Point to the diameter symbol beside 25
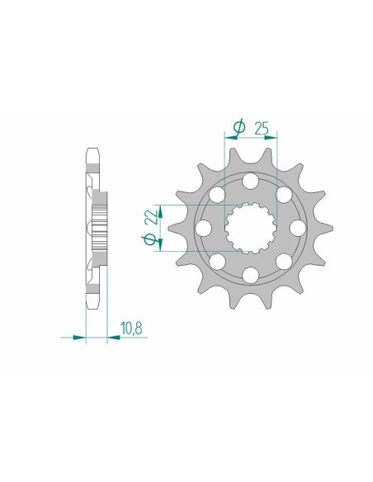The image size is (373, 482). pyautogui.click(x=239, y=127)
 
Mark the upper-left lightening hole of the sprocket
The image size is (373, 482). pyautogui.click(x=218, y=195)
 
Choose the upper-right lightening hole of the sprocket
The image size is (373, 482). pyautogui.click(x=284, y=195)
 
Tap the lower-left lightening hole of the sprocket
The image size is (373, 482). pyautogui.click(x=218, y=261)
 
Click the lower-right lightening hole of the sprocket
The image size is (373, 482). pyautogui.click(x=284, y=261)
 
